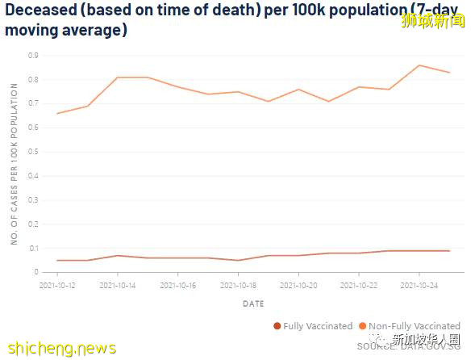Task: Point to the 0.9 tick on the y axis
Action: (x=33, y=56)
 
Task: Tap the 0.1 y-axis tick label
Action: (x=33, y=248)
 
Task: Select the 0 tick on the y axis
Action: (x=35, y=272)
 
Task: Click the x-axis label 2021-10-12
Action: (x=57, y=285)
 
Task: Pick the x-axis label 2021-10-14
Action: (x=118, y=285)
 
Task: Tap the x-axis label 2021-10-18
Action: (x=238, y=285)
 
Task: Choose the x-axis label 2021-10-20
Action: (x=298, y=285)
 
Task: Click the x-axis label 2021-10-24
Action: (x=419, y=285)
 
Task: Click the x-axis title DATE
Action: (x=252, y=303)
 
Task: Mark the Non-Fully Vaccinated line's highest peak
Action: (x=419, y=65)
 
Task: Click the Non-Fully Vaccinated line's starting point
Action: (x=57, y=113)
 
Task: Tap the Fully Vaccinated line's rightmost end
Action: (x=449, y=250)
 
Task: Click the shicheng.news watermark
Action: (x=60, y=348)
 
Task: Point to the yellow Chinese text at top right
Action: (x=433, y=20)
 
